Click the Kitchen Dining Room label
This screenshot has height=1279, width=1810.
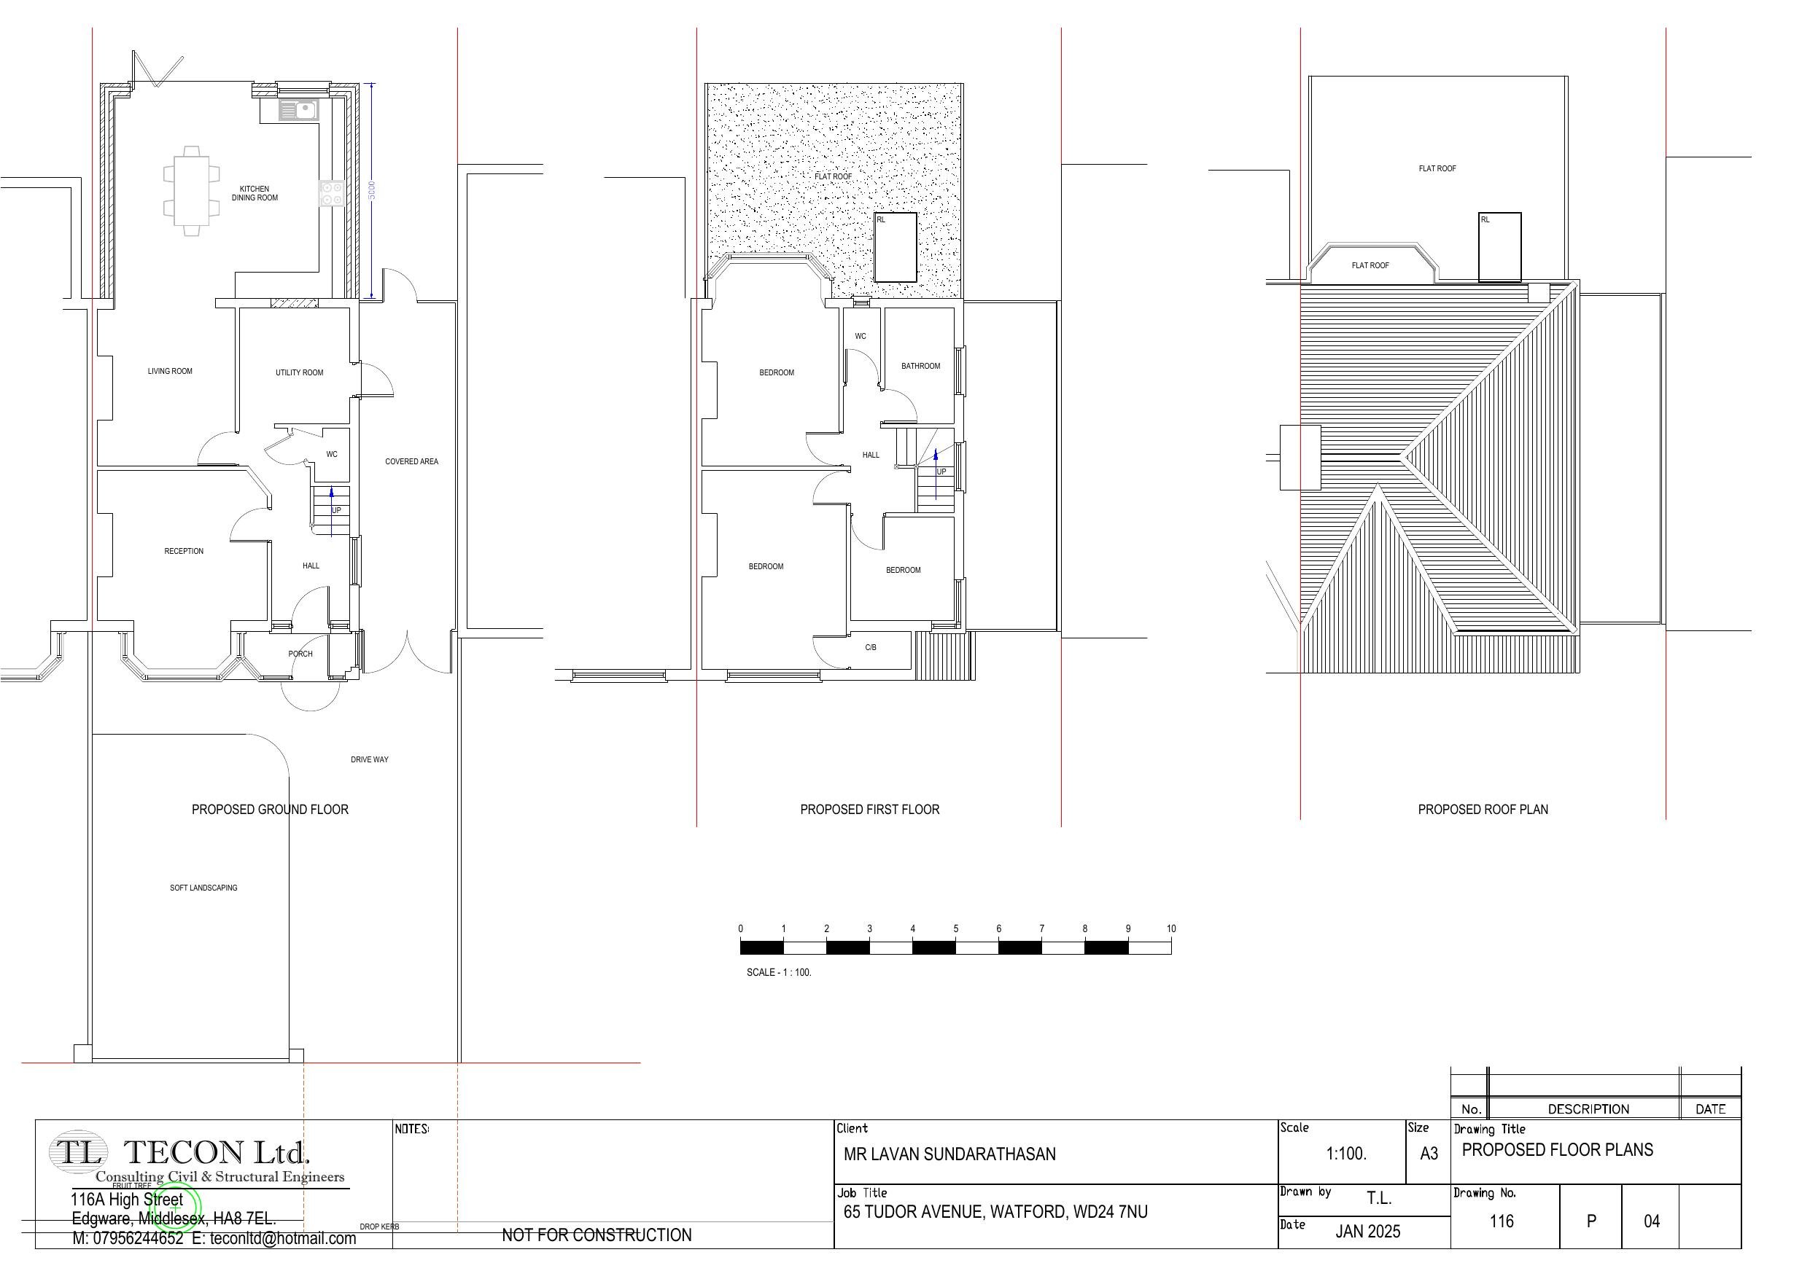click(x=255, y=193)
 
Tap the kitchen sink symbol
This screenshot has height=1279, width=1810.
click(x=298, y=110)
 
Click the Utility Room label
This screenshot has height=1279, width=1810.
click(x=299, y=372)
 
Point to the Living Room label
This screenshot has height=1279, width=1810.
click(x=169, y=371)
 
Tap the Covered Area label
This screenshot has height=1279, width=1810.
click(x=411, y=461)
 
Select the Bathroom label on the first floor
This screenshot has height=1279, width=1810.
click(x=921, y=366)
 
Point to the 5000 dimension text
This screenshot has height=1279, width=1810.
click(x=372, y=190)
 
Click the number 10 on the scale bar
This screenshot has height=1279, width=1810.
click(x=1170, y=928)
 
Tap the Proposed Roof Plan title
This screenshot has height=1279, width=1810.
click(x=1483, y=810)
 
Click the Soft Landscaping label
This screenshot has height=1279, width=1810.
click(x=203, y=888)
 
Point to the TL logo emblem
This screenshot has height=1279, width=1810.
click(x=77, y=1152)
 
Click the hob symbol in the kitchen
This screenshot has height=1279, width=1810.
click(x=332, y=194)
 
